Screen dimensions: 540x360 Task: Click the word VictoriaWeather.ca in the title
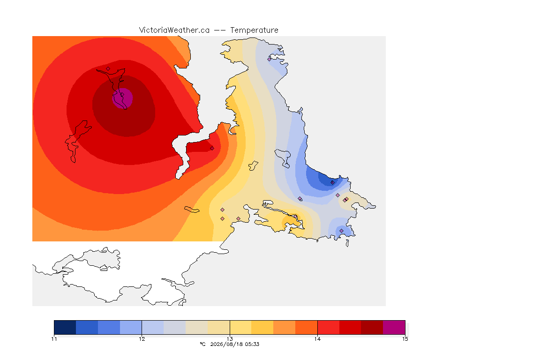(x=174, y=30)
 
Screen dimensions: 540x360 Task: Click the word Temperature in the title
(x=254, y=30)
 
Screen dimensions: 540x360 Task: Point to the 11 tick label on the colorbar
(x=54, y=339)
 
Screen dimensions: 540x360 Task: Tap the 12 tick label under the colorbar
(x=142, y=339)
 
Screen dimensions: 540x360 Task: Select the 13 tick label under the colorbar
(x=230, y=339)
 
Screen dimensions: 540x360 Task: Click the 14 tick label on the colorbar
(x=317, y=339)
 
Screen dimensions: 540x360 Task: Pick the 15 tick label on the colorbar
(x=405, y=339)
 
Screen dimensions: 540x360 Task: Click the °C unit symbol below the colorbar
(x=202, y=344)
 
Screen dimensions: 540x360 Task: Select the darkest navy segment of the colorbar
(x=65, y=327)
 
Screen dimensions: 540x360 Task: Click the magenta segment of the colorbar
(x=394, y=327)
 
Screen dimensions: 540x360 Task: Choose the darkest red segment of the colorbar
(x=372, y=327)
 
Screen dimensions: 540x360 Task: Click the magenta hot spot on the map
(x=123, y=98)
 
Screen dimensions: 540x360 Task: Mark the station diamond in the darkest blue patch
(x=332, y=183)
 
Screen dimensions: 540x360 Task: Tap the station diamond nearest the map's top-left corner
(x=108, y=69)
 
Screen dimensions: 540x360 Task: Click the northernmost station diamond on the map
(x=270, y=59)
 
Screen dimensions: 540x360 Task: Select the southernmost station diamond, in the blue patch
(x=341, y=231)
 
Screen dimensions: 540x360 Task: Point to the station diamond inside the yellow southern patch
(x=295, y=217)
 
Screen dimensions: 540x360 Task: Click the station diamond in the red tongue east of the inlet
(x=212, y=149)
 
